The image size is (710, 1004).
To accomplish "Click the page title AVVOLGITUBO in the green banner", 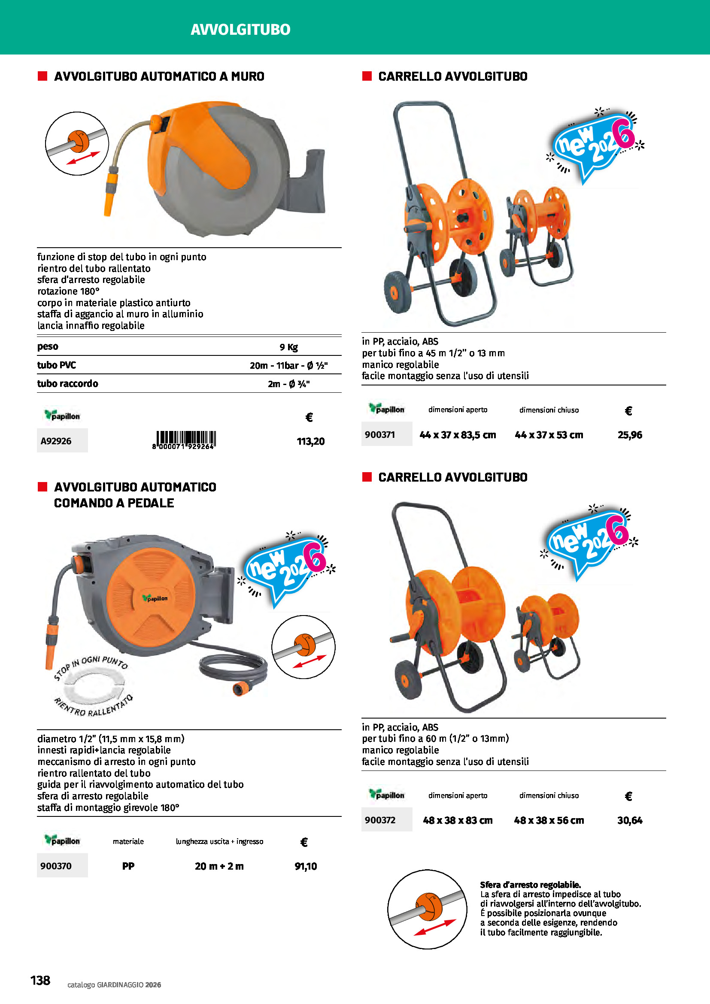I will (x=240, y=29).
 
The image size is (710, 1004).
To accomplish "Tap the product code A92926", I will (x=56, y=441).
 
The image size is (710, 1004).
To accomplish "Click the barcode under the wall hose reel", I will (x=186, y=439).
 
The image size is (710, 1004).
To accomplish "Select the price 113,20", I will (x=310, y=441).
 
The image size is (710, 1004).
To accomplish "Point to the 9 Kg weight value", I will (x=288, y=347).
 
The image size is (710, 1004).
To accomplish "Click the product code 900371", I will (x=380, y=435).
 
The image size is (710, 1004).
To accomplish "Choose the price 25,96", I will (x=630, y=435).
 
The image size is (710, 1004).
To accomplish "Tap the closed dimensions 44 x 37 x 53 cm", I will (x=549, y=435).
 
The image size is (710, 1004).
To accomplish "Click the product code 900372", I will (x=380, y=820).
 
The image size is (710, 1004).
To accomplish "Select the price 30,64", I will (x=630, y=820).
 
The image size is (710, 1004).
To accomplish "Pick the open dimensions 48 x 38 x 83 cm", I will (x=457, y=820).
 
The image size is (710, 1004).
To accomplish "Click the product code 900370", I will (x=56, y=866).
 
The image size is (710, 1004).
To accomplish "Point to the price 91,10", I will (x=306, y=866).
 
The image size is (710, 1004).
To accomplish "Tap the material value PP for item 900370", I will (x=128, y=866).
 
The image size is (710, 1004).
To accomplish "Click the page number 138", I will (x=40, y=980).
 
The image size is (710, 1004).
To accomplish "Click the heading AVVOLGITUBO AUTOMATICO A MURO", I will (x=159, y=76).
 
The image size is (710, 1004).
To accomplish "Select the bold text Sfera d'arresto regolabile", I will (x=530, y=885).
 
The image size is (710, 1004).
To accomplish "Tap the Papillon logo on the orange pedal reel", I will (x=155, y=598).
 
